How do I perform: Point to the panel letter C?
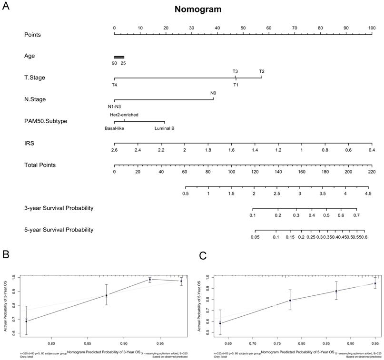pyautogui.click(x=203, y=256)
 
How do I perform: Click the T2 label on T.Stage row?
pyautogui.click(x=262, y=72)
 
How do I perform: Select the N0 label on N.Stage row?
pyautogui.click(x=213, y=93)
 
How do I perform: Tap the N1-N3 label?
pyautogui.click(x=115, y=107)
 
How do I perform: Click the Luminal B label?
pyautogui.click(x=164, y=128)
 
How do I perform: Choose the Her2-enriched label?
pyautogui.click(x=124, y=115)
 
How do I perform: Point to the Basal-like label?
pyautogui.click(x=114, y=128)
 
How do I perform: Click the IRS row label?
pyautogui.click(x=29, y=143)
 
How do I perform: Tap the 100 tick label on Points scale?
pyautogui.click(x=371, y=28)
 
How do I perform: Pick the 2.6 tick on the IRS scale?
pyautogui.click(x=114, y=150)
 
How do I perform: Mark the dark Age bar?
pyautogui.click(x=119, y=57)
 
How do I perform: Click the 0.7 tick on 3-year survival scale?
pyautogui.click(x=356, y=215)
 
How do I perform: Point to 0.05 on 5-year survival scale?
pyautogui.click(x=255, y=237)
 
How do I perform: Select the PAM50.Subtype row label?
pyautogui.click(x=46, y=121)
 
